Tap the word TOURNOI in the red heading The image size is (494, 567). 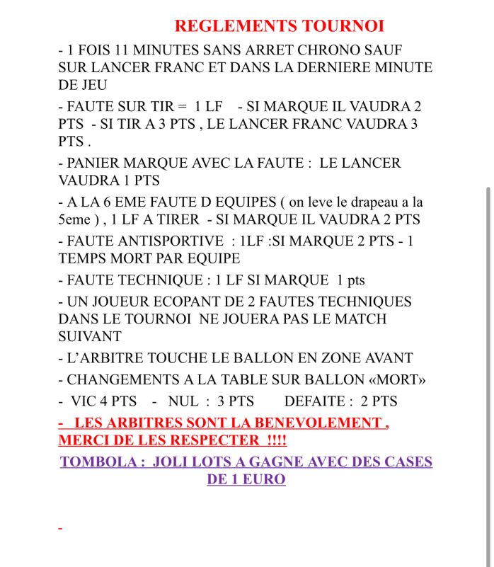(343, 26)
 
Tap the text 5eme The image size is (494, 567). (74, 219)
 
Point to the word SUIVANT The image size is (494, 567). (90, 336)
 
